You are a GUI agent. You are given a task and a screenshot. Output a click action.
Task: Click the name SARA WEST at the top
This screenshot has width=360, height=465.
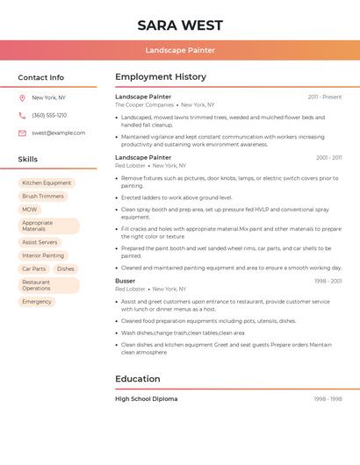(x=180, y=25)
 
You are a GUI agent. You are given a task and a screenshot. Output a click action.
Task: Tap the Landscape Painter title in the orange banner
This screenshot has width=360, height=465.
(x=180, y=50)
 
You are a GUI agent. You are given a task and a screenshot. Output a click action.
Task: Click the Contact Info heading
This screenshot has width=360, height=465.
(x=41, y=77)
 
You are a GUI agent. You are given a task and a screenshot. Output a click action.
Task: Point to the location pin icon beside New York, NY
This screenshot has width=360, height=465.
(x=22, y=98)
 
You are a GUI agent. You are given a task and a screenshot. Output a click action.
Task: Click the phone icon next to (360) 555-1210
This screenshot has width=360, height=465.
(x=22, y=116)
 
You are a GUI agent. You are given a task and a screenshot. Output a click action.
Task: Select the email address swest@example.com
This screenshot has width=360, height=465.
(x=59, y=133)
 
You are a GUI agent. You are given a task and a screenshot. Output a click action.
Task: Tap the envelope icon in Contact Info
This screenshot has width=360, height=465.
(x=22, y=133)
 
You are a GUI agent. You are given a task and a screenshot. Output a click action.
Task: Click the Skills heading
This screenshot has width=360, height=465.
(x=28, y=160)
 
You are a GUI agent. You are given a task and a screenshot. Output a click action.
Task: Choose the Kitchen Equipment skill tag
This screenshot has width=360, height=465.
(x=47, y=183)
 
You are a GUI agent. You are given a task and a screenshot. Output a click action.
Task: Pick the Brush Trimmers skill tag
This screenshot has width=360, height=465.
(x=43, y=197)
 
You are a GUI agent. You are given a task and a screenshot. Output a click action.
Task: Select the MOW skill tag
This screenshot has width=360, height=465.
(x=30, y=210)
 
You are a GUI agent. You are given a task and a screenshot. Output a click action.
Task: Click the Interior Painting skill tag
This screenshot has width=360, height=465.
(x=43, y=255)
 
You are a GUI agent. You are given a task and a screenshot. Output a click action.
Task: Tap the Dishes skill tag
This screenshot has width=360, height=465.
(x=66, y=269)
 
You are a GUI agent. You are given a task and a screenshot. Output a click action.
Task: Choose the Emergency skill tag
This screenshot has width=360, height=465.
(x=37, y=302)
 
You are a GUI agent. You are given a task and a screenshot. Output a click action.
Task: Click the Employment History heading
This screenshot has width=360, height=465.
(x=161, y=77)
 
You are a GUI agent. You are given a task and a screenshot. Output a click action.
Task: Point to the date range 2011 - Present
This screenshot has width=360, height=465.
(x=325, y=97)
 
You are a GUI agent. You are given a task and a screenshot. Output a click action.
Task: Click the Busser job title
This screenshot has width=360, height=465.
(x=126, y=281)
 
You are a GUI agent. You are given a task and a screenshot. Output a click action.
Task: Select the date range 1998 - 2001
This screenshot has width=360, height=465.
(x=328, y=281)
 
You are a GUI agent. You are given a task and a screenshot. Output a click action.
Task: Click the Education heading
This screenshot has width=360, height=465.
(x=138, y=379)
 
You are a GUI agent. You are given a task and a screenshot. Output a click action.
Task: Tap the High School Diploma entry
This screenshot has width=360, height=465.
(x=147, y=399)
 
